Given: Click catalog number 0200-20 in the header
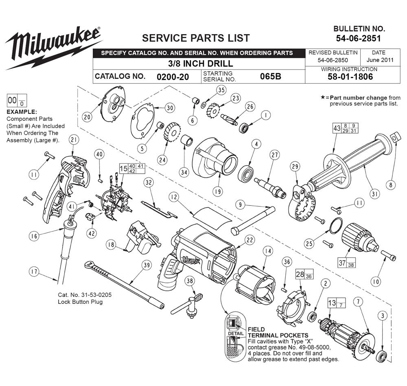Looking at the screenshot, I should [x=173, y=76].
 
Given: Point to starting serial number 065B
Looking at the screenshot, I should [x=270, y=76].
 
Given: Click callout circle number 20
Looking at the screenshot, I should [x=86, y=117].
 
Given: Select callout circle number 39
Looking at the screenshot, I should [x=146, y=266].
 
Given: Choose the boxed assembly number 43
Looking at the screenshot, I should [x=337, y=128].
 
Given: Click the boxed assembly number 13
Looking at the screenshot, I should [x=332, y=303].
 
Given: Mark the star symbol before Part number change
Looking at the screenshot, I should [x=323, y=98].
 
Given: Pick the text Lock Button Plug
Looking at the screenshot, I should [x=80, y=302].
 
